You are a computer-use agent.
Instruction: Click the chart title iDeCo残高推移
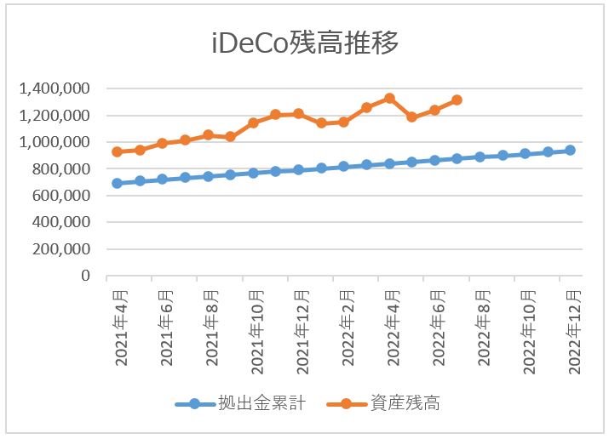pos(305,43)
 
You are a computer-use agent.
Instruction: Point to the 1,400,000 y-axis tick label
pos(57,88)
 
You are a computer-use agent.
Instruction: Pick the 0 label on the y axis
pos(86,277)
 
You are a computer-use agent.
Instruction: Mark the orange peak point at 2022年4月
pos(389,98)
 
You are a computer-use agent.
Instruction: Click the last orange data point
pos(457,100)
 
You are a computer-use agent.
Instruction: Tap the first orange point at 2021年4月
pos(117,151)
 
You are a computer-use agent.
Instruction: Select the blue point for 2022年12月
pos(571,150)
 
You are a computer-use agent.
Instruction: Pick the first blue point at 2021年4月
pos(117,183)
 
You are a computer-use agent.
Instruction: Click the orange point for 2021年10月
pos(253,123)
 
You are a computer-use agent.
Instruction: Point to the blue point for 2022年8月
pos(480,157)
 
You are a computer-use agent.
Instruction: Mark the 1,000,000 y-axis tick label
pos(57,142)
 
